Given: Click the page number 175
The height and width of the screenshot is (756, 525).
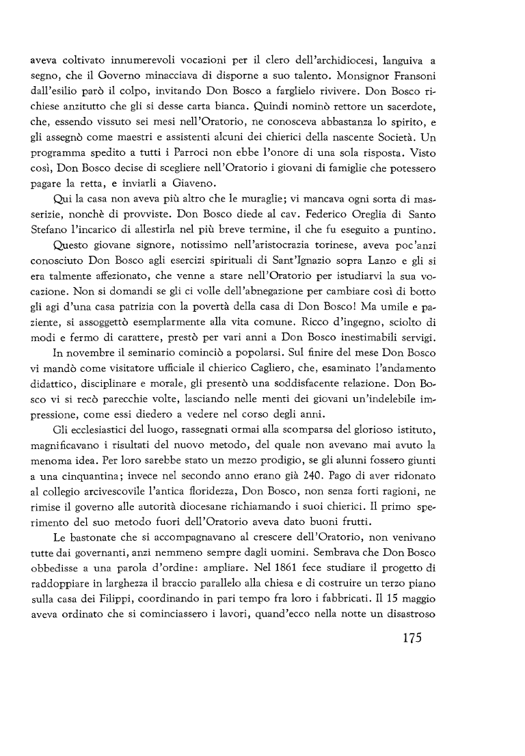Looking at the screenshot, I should (x=406, y=639).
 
